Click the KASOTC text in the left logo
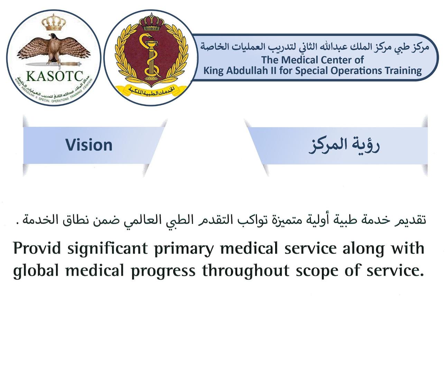[x=55, y=76]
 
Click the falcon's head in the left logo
[x=52, y=37]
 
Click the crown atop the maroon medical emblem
[x=152, y=21]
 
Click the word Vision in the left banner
[x=89, y=145]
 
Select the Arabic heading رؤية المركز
[x=344, y=145]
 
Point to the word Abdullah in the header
[x=248, y=71]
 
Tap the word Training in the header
[x=403, y=71]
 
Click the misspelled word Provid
[x=37, y=248]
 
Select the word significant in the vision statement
[x=108, y=249]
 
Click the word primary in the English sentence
[x=184, y=249]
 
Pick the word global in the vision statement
[x=36, y=270]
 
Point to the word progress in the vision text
[x=163, y=271]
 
